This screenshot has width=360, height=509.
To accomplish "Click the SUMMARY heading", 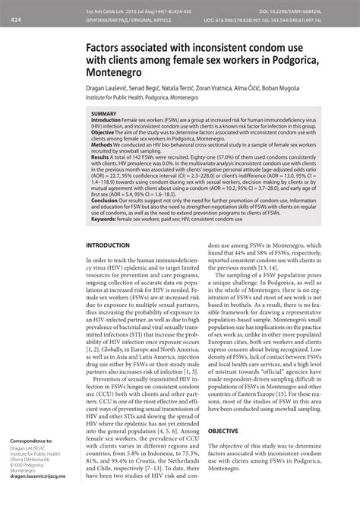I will click(x=104, y=113).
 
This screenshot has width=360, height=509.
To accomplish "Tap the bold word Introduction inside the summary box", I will click(x=110, y=119).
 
